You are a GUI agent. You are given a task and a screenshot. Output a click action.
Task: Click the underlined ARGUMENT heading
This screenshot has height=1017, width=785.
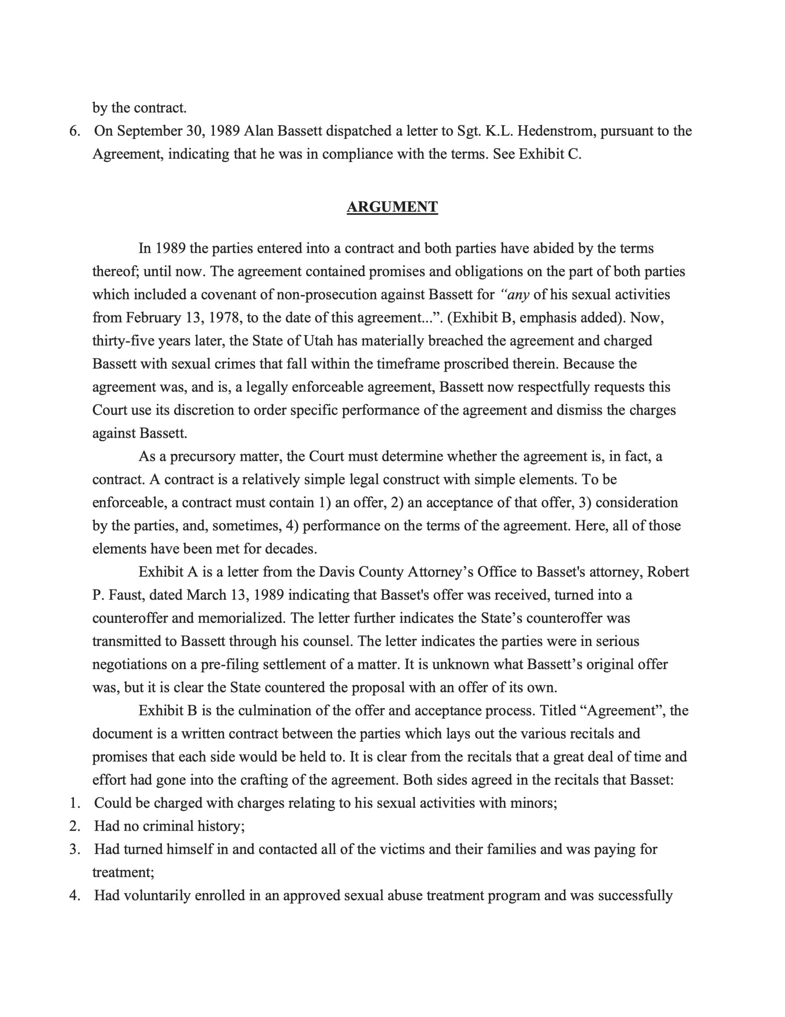click(x=392, y=207)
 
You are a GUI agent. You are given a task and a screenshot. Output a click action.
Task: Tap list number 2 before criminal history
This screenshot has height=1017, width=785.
click(x=74, y=826)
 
